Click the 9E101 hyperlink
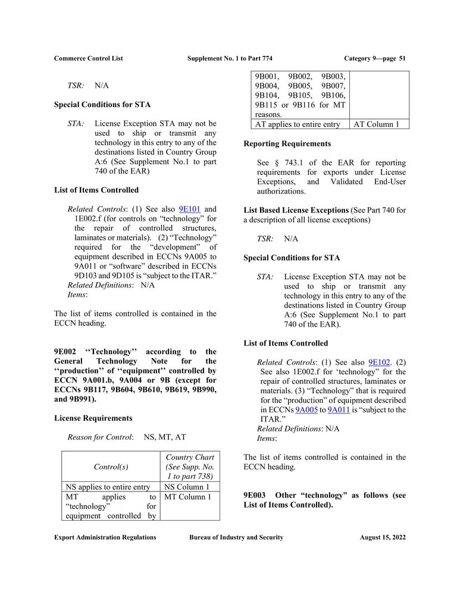[189, 209]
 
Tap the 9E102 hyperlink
[379, 362]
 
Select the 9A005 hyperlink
[306, 410]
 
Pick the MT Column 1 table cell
[187, 497]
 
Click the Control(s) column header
[111, 467]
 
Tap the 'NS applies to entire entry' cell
[108, 487]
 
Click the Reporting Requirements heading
[287, 143]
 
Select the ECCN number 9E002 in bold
[66, 352]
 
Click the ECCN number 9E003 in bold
[256, 496]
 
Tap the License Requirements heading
[93, 418]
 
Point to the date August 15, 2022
[383, 537]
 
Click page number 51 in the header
[402, 58]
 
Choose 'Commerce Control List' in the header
[88, 58]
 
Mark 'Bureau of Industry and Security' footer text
[236, 537]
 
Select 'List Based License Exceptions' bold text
[296, 210]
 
